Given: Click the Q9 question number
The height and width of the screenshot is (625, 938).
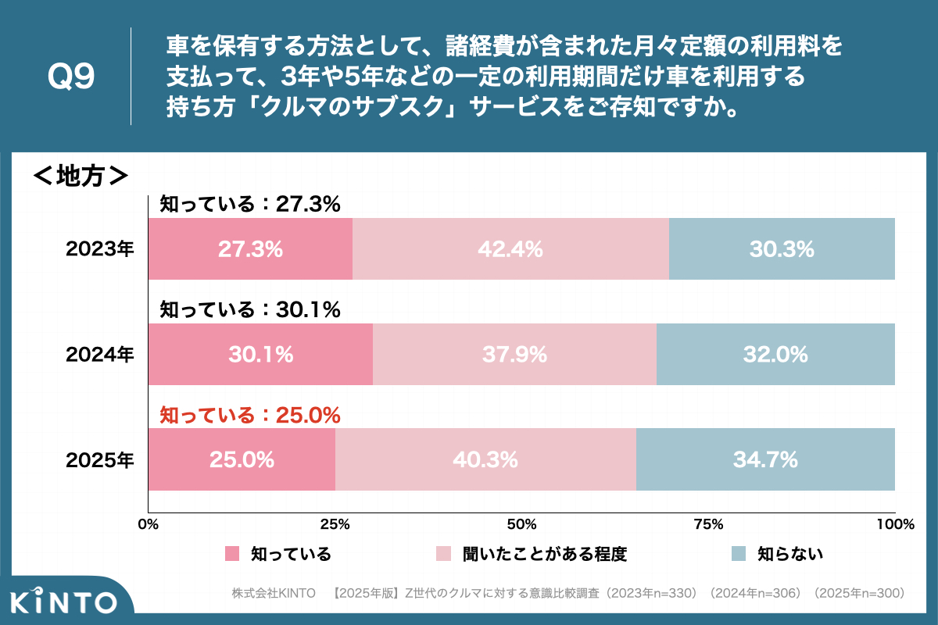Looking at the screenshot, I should [x=71, y=77].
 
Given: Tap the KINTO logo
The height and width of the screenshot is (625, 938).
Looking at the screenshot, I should [x=65, y=602].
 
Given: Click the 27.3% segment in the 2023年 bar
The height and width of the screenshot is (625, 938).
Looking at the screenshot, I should [x=250, y=249].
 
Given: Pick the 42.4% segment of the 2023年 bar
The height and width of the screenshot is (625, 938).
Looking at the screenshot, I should [x=510, y=249].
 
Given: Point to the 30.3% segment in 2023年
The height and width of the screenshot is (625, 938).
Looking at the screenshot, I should [x=782, y=249].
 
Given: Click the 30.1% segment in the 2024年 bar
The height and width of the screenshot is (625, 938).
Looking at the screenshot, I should [x=260, y=355].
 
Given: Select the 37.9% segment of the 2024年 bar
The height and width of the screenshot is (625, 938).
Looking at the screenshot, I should [x=514, y=355].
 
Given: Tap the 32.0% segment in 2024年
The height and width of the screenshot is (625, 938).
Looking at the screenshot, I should [x=775, y=355].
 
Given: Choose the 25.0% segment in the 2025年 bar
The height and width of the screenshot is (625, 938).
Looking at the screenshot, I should [x=242, y=460].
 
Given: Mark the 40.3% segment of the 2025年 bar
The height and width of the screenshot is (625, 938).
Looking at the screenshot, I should [x=485, y=460].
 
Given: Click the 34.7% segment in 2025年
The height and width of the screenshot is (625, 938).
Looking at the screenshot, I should [x=765, y=460].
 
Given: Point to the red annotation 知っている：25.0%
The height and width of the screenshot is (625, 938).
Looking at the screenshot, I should [x=250, y=415].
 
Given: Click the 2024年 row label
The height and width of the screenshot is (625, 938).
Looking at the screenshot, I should [x=100, y=355].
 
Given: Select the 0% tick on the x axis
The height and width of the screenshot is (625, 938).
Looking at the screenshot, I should [x=148, y=524].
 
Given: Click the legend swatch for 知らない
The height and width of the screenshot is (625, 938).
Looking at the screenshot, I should [x=739, y=554].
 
